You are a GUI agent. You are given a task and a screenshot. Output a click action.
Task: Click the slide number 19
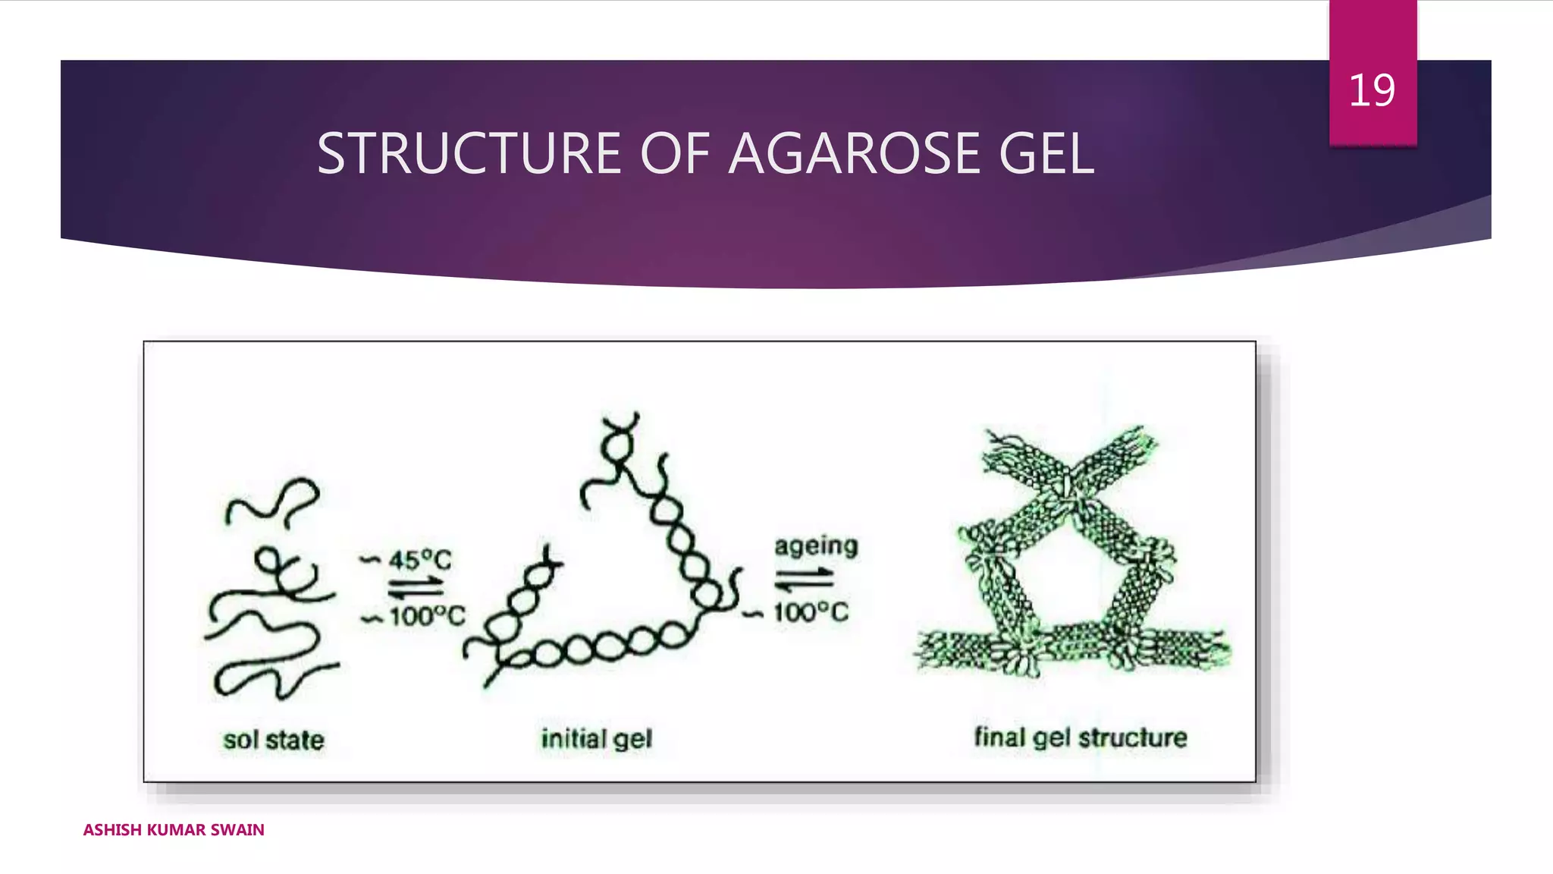pos(1372,90)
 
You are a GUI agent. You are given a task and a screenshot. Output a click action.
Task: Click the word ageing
pos(816,546)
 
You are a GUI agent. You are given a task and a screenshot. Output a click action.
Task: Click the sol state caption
pos(274,740)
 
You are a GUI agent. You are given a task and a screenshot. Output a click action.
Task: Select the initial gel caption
pos(597,738)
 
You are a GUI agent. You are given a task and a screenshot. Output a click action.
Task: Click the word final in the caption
pos(999,737)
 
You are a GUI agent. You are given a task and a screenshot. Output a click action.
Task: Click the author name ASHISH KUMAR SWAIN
pos(174,829)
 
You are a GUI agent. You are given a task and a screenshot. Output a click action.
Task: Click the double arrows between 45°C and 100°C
pos(416,588)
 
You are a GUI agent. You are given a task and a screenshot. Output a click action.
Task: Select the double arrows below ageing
pos(804,580)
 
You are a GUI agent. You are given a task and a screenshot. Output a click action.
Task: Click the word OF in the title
pos(675,154)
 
